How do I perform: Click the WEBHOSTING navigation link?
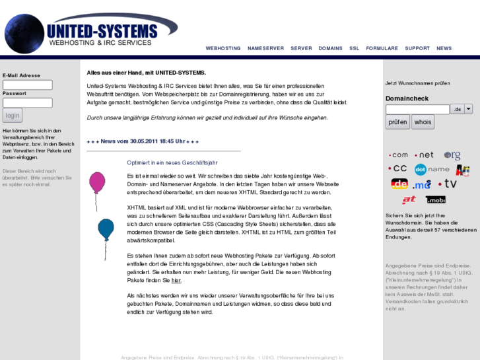[x=223, y=48]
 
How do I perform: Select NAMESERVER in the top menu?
[x=265, y=48]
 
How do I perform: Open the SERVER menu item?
[x=301, y=48]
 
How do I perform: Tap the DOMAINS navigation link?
[x=330, y=48]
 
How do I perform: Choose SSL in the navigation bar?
[x=355, y=48]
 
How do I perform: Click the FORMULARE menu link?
[x=382, y=48]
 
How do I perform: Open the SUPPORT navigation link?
[x=417, y=48]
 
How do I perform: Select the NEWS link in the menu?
[x=444, y=48]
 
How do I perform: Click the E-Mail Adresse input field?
[x=28, y=85]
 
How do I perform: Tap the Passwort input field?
[x=28, y=102]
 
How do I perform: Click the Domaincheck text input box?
[x=417, y=109]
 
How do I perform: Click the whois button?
[x=423, y=122]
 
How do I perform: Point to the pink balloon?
[x=97, y=181]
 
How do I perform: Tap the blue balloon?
[x=106, y=229]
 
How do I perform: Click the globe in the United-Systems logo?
[x=24, y=33]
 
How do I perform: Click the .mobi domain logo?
[x=436, y=199]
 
